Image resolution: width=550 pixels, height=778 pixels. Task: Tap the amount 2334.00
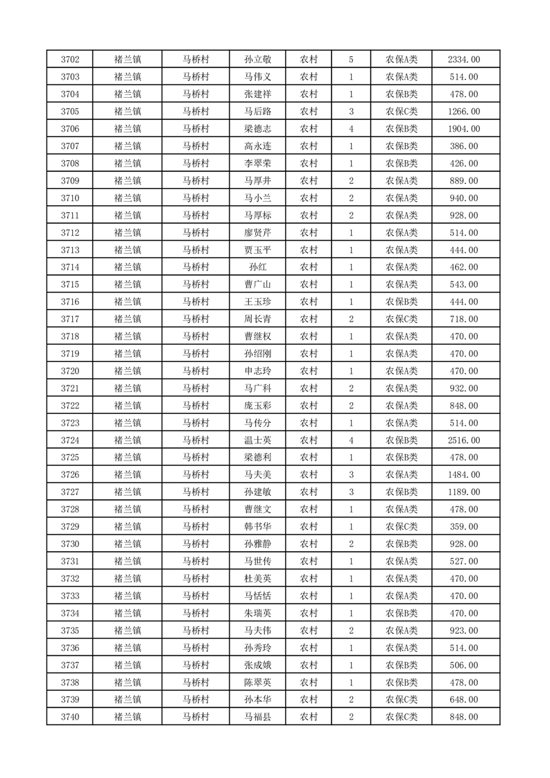pyautogui.click(x=464, y=60)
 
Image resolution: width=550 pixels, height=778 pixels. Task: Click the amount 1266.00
pyautogui.click(x=464, y=112)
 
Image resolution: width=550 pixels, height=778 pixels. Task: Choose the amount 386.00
pyautogui.click(x=464, y=146)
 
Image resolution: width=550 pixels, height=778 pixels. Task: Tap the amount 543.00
pyautogui.click(x=464, y=285)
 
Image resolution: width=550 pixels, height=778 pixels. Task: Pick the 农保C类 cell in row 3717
pyautogui.click(x=402, y=319)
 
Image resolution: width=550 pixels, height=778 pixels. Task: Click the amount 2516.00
pyautogui.click(x=464, y=440)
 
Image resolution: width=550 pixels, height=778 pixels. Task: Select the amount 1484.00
pyautogui.click(x=464, y=475)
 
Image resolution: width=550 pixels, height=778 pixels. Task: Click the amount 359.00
pyautogui.click(x=464, y=527)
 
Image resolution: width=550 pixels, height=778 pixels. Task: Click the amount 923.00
pyautogui.click(x=464, y=631)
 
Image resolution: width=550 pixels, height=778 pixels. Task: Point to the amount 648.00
pyautogui.click(x=464, y=700)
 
